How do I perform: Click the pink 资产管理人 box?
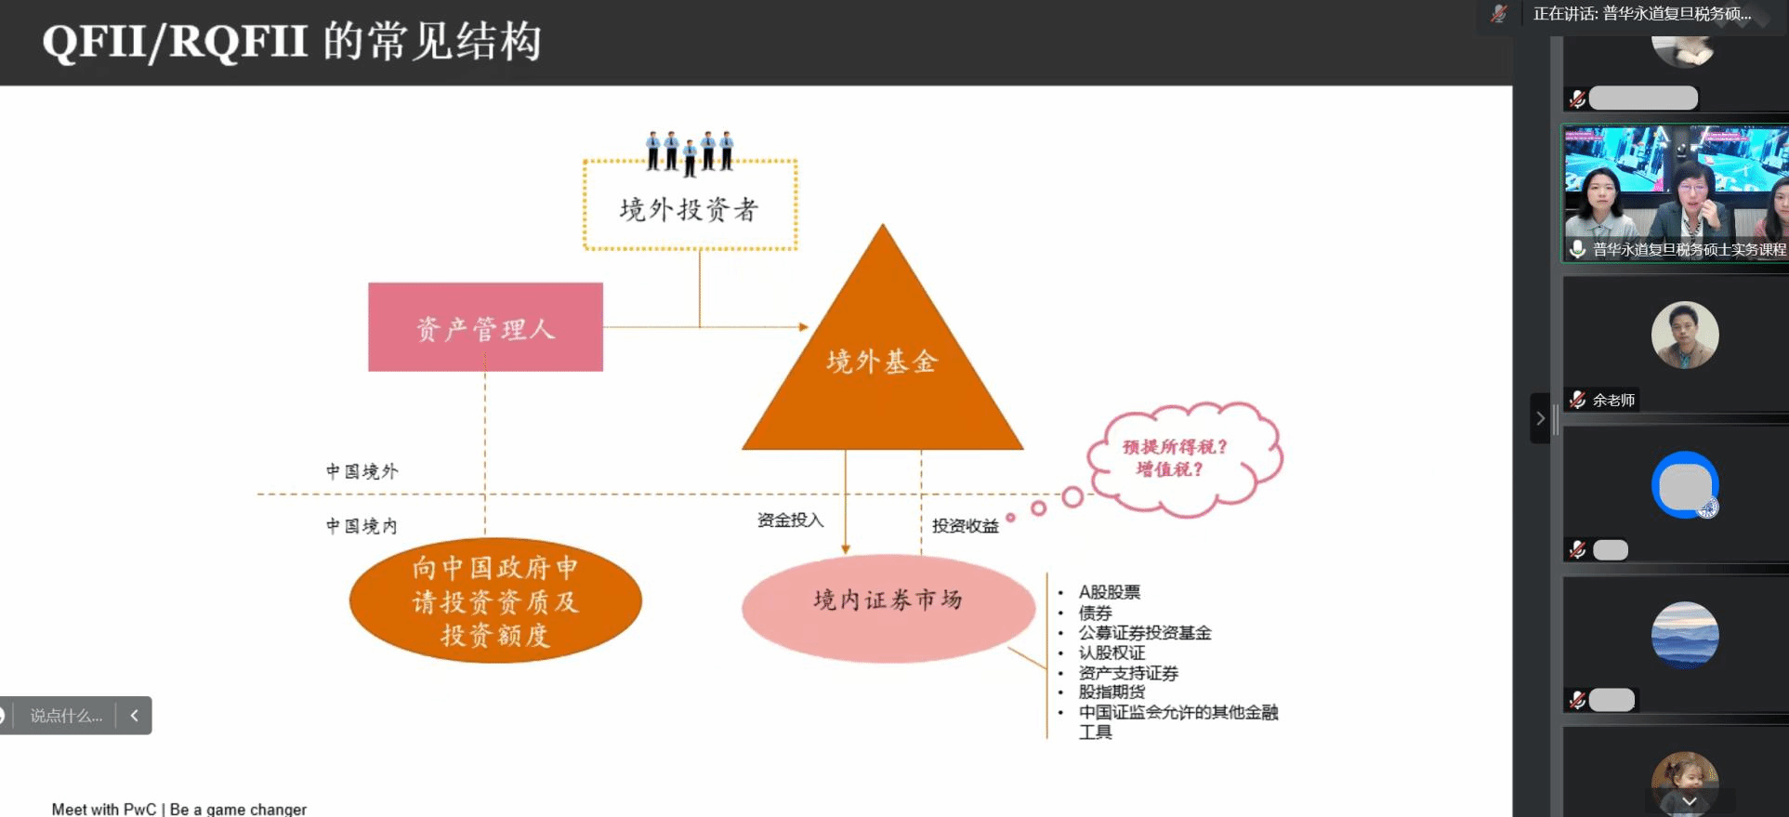(x=485, y=327)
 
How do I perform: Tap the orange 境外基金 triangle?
(x=882, y=362)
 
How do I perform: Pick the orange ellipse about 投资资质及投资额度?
(x=495, y=600)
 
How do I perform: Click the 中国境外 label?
(x=362, y=471)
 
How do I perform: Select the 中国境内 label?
(x=362, y=526)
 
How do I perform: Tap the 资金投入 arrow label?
(x=790, y=520)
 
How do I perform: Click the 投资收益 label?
(x=965, y=526)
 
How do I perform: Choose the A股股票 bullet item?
(x=1109, y=592)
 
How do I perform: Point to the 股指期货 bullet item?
(x=1112, y=692)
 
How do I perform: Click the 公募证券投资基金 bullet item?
(x=1144, y=633)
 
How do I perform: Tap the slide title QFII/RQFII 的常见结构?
(x=292, y=42)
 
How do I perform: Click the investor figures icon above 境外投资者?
(x=690, y=151)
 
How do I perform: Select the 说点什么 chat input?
(x=66, y=716)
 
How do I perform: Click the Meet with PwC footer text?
(x=179, y=809)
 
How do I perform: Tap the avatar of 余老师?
(x=1684, y=336)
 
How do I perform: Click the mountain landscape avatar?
(x=1684, y=635)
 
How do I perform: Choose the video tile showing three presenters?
(x=1675, y=192)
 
